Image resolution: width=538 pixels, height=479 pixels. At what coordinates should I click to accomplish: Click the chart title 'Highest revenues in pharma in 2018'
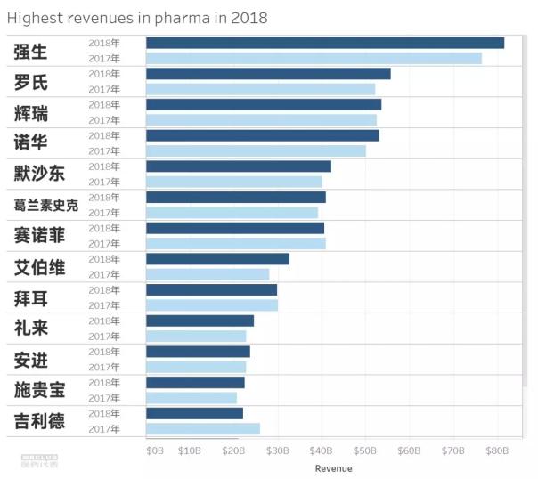[x=137, y=18]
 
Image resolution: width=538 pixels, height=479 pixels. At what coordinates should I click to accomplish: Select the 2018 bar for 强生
[x=324, y=43]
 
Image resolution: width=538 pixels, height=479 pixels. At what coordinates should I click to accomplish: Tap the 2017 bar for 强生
[x=314, y=58]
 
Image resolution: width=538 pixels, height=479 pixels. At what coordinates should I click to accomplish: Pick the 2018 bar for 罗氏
[x=267, y=74]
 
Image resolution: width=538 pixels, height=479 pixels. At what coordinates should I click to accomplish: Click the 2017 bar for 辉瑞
[x=261, y=120]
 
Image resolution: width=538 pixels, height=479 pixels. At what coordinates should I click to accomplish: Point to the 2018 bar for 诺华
[x=262, y=135]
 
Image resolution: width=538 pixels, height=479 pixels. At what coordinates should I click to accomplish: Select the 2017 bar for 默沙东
[x=233, y=182]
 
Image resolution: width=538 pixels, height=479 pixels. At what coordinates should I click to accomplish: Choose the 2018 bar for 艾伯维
[x=217, y=259]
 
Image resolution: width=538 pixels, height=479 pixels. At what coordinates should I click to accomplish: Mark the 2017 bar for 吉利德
[x=202, y=429]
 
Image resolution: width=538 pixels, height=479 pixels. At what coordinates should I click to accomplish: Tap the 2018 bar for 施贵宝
[x=194, y=383]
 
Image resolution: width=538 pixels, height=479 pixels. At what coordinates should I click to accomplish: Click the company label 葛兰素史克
[x=46, y=206]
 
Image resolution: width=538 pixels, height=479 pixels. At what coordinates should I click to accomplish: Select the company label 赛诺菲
[x=40, y=236]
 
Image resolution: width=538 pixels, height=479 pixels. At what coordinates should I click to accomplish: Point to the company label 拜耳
[x=31, y=297]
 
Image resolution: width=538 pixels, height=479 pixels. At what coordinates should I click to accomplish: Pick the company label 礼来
[x=31, y=329]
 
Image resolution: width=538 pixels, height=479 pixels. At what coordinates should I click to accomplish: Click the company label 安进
[x=31, y=360]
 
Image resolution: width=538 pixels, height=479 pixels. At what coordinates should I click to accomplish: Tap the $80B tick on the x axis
[x=497, y=451]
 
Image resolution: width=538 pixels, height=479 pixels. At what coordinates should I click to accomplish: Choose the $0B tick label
[x=155, y=451]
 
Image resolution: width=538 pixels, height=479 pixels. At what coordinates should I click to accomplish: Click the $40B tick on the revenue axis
[x=322, y=451]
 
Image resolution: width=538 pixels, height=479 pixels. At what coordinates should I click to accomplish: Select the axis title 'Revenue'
[x=333, y=468]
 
